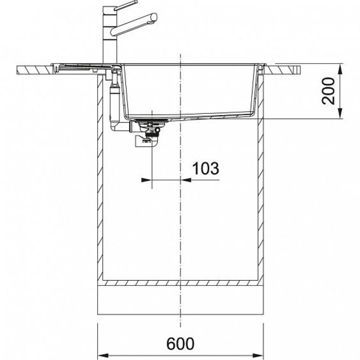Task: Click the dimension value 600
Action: point(180,343)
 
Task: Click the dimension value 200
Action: point(328,91)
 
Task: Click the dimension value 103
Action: point(206,168)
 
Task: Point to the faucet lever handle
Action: point(126,5)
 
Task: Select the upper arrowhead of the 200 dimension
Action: point(340,69)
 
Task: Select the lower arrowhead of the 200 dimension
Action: point(340,113)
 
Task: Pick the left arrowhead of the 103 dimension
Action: point(147,180)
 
